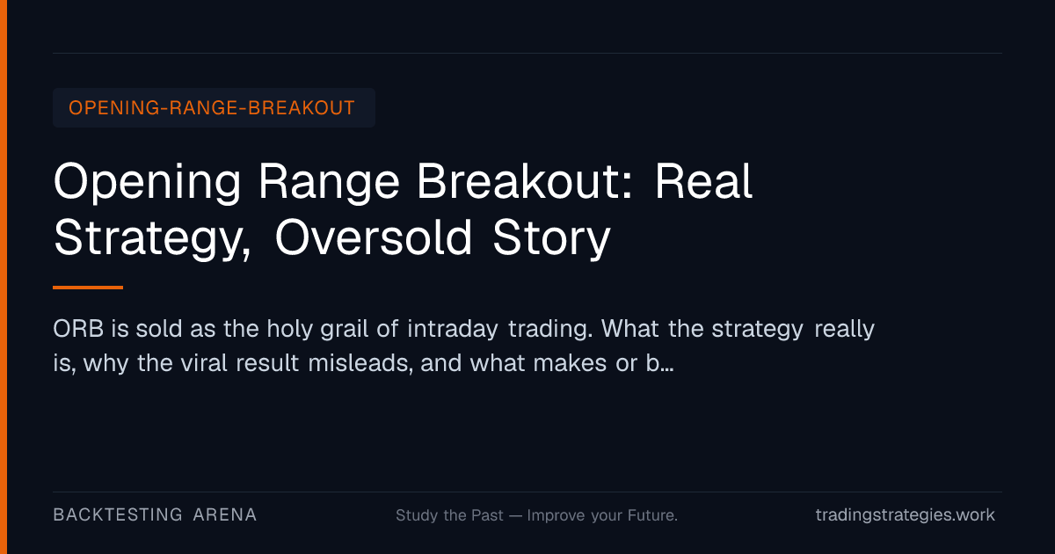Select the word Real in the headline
pos(703,181)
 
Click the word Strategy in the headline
pos(152,239)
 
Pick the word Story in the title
pos(551,239)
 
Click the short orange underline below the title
pos(88,288)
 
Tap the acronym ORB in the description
pos(78,329)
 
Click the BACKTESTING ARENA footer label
pos(155,515)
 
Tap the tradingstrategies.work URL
pos(906,515)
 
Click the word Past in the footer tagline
pos(487,515)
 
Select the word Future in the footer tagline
pos(652,515)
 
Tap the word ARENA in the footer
pos(225,515)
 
